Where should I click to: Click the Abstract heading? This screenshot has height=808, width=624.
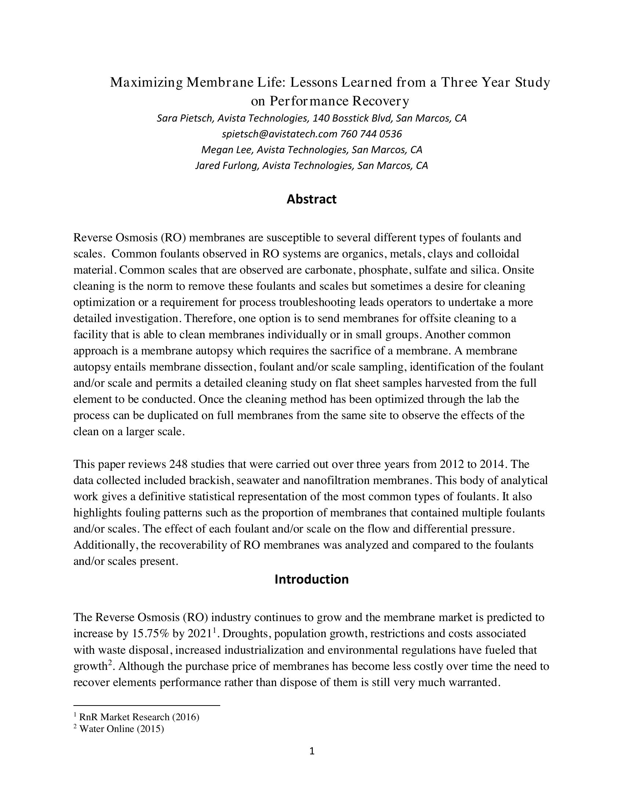click(x=311, y=199)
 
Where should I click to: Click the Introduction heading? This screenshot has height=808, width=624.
click(x=311, y=579)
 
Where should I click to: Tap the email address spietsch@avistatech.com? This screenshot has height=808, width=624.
click(x=279, y=134)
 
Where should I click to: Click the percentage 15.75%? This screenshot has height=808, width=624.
click(x=150, y=634)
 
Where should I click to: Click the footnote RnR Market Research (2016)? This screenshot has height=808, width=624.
click(x=139, y=717)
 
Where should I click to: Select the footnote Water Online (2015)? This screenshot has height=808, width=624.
click(x=121, y=729)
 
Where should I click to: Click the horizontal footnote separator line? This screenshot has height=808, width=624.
click(x=147, y=706)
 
